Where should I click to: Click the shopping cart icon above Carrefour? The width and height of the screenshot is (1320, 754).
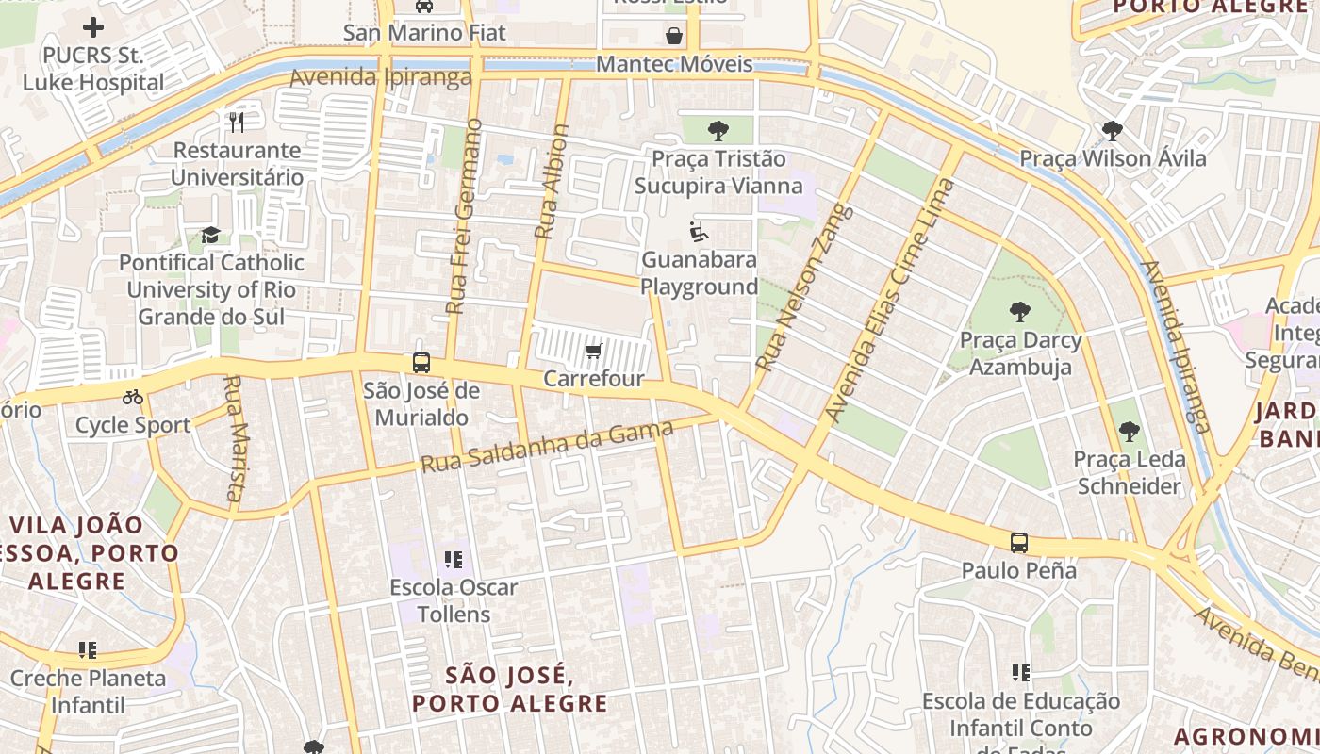(x=593, y=352)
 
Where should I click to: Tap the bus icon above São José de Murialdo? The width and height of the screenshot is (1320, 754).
(x=421, y=363)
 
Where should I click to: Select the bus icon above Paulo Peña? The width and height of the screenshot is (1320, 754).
(x=1019, y=543)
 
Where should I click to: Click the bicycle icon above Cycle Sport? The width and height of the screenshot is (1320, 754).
(x=133, y=397)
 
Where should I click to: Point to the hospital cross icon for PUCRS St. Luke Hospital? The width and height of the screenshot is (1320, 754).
(x=93, y=27)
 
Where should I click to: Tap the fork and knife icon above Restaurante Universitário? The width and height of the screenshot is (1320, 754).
(x=237, y=122)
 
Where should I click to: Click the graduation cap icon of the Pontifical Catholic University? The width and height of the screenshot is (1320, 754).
(x=210, y=235)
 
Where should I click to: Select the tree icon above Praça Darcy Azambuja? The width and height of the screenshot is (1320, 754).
(x=1019, y=311)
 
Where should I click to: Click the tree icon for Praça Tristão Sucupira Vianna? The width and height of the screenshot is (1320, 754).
(x=718, y=130)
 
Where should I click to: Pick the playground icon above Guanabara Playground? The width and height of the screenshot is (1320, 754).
(x=699, y=232)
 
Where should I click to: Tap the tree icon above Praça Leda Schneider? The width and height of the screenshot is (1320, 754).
(x=1130, y=432)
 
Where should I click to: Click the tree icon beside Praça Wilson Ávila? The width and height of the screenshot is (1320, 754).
(x=1113, y=130)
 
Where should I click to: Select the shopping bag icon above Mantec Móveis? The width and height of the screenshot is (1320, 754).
(x=674, y=36)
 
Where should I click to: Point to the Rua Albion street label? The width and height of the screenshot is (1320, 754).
(x=552, y=181)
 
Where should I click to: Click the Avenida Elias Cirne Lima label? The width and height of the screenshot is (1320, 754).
(x=889, y=300)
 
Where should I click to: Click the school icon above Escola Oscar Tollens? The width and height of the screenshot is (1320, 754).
(x=454, y=560)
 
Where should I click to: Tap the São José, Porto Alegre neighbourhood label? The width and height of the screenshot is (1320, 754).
(x=510, y=689)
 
